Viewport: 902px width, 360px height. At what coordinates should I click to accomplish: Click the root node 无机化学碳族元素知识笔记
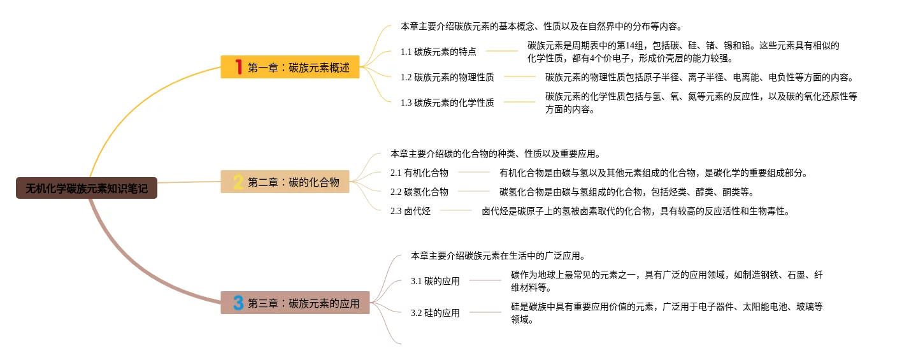(87, 188)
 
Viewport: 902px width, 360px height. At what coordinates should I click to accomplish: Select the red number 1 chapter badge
(239, 67)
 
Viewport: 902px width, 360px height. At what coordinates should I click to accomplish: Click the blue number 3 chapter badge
(238, 303)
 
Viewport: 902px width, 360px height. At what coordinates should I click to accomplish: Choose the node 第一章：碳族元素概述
(298, 68)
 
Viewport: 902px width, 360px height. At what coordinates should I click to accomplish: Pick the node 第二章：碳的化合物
(293, 182)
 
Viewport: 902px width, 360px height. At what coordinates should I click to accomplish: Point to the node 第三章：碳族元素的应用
(303, 303)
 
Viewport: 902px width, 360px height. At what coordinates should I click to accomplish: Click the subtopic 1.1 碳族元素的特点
(438, 52)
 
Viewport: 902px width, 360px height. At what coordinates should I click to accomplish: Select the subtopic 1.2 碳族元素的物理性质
(447, 77)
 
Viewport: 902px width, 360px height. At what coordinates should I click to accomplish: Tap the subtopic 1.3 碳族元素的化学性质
(447, 102)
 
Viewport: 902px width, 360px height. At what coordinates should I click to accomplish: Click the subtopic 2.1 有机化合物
(419, 173)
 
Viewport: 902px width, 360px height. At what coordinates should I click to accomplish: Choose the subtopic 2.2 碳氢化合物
(419, 192)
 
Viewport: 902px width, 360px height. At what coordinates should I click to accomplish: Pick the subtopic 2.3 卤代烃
(410, 211)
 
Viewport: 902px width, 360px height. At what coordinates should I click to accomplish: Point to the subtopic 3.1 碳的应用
(435, 281)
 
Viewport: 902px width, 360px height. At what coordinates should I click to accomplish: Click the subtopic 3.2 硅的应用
(435, 313)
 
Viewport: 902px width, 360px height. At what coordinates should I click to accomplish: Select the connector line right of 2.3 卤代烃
(456, 210)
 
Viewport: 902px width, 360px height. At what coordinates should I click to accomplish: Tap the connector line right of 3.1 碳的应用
(485, 280)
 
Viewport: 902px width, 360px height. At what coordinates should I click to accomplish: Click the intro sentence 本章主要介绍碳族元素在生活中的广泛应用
(498, 256)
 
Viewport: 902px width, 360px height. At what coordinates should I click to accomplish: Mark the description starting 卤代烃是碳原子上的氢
(635, 211)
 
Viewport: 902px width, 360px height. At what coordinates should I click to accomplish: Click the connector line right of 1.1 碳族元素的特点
(501, 51)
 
